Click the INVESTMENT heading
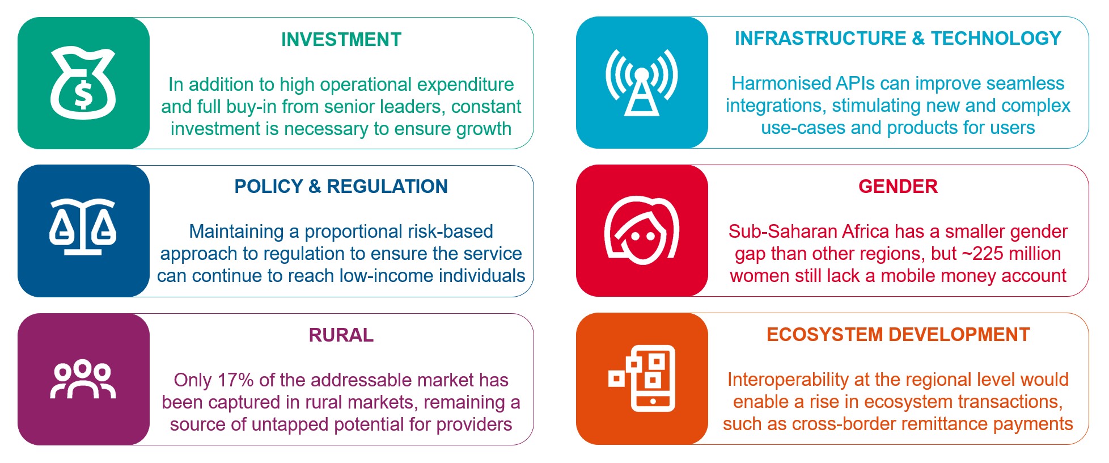[x=341, y=40]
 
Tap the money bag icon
[x=83, y=83]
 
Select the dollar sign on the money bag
[x=83, y=95]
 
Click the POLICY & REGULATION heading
[x=341, y=187]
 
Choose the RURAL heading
[x=341, y=335]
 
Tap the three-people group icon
[x=83, y=378]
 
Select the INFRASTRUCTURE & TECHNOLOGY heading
[x=898, y=39]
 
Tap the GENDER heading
[x=898, y=187]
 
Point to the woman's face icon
[x=641, y=230]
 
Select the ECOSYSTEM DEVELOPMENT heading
[x=898, y=335]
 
